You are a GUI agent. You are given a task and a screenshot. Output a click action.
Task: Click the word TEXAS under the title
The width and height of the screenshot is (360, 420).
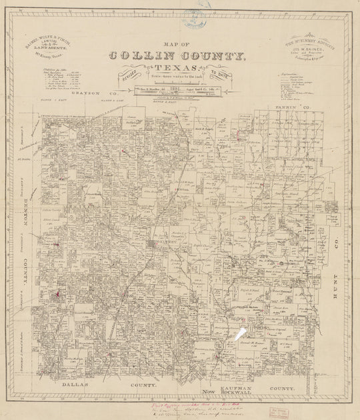pyautogui.click(x=175, y=69)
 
